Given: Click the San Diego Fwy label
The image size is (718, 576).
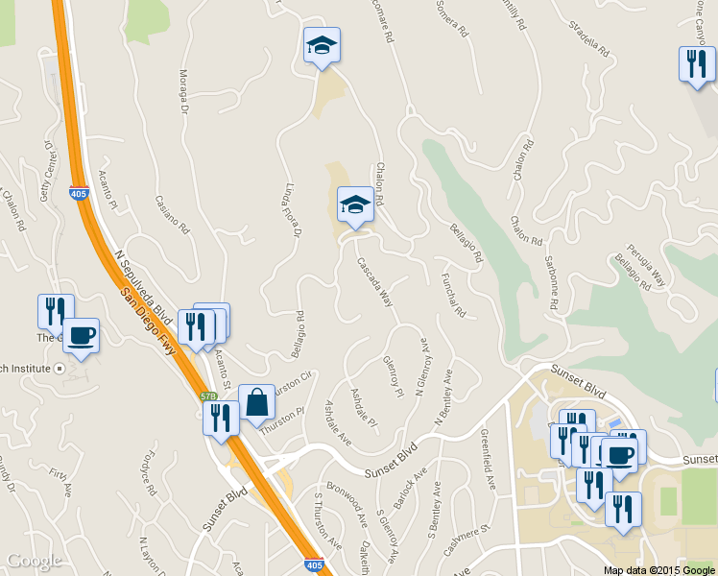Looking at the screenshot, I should [149, 324].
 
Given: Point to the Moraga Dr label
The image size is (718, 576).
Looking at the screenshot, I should [184, 90].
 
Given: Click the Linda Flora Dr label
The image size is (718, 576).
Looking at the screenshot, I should [295, 210].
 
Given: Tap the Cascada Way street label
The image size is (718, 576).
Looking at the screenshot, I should [375, 281].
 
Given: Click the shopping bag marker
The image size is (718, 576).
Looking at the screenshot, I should [256, 404].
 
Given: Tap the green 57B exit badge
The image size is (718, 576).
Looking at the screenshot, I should [208, 396].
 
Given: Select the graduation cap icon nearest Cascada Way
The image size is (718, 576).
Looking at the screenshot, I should [355, 204].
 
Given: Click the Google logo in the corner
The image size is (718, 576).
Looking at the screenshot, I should [34, 561].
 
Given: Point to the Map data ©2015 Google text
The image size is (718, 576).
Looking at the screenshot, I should [658, 570].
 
